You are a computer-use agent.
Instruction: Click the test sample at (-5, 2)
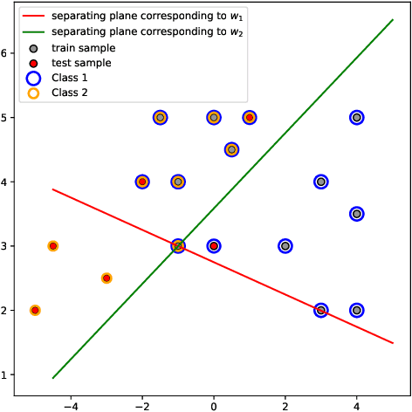click(35, 310)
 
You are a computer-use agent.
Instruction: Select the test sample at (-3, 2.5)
click(106, 278)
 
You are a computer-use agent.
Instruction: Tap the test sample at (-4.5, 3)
click(53, 246)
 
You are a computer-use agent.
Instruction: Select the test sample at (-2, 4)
click(142, 182)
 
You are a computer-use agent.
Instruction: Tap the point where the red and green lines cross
click(178, 246)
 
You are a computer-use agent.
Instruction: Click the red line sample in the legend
click(32, 17)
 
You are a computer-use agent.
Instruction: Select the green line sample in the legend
click(32, 31)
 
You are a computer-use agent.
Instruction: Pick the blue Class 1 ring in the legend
click(32, 77)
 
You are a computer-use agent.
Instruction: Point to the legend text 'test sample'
click(81, 62)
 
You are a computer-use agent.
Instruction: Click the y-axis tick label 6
click(8, 53)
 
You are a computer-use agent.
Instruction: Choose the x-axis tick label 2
click(285, 404)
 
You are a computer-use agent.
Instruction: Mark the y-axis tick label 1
click(8, 375)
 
